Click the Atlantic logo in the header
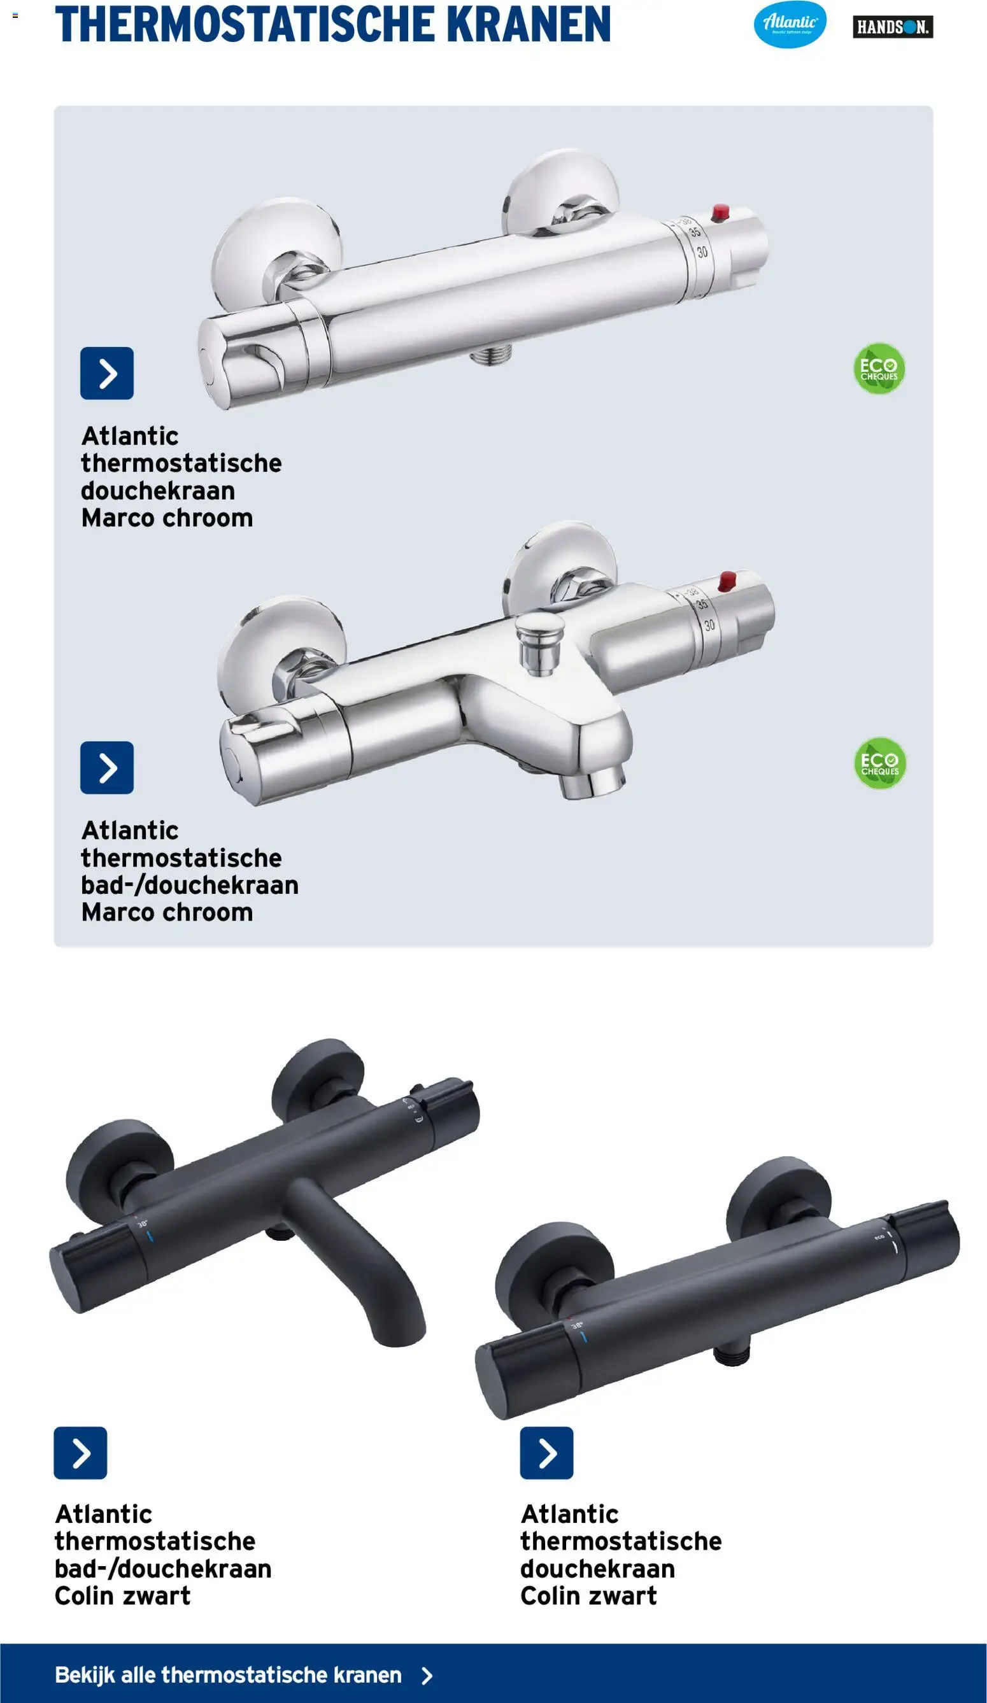(x=790, y=24)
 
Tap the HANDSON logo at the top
(x=892, y=27)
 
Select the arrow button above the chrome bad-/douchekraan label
(x=107, y=768)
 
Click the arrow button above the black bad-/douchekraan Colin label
(x=80, y=1453)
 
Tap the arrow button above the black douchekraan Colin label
(x=546, y=1453)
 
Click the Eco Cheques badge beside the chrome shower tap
(x=879, y=369)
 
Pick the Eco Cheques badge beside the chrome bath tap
(x=879, y=763)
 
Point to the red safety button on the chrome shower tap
(x=721, y=212)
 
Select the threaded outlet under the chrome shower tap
(x=492, y=354)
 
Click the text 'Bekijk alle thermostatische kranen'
(x=228, y=1674)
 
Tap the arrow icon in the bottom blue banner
(x=427, y=1675)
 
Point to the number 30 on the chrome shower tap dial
(x=702, y=251)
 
